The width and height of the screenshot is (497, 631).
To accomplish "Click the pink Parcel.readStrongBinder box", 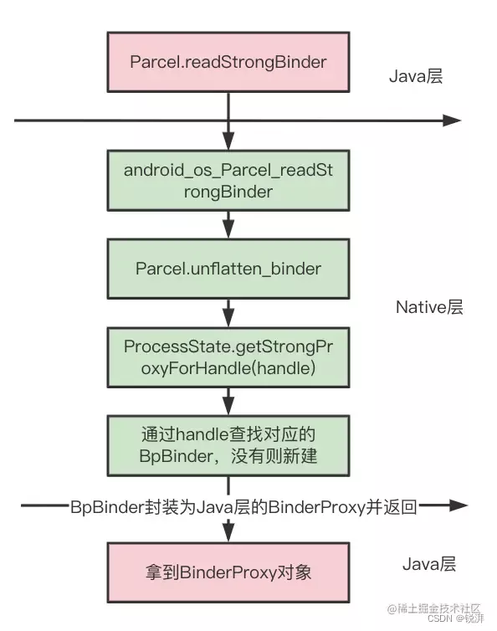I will (228, 62).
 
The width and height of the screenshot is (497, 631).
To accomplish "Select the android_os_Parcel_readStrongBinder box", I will (228, 180).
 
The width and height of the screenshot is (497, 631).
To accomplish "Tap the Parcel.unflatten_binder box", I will (228, 269).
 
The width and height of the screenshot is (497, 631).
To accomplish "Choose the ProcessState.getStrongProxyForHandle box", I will (228, 357).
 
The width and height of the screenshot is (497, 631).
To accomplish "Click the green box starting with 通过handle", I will (228, 445).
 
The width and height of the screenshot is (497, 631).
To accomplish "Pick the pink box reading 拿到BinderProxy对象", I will (228, 572).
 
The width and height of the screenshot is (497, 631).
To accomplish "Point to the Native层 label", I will (428, 307).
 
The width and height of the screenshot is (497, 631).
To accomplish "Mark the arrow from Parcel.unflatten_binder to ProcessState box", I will (228, 314).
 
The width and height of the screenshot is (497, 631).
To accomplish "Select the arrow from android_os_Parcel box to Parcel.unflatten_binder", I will (228, 224).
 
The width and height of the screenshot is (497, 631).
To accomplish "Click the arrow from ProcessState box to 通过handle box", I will (228, 402).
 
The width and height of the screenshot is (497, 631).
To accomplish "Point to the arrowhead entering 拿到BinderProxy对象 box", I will (228, 532).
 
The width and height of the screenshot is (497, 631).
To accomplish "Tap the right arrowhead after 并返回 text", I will (457, 505).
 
